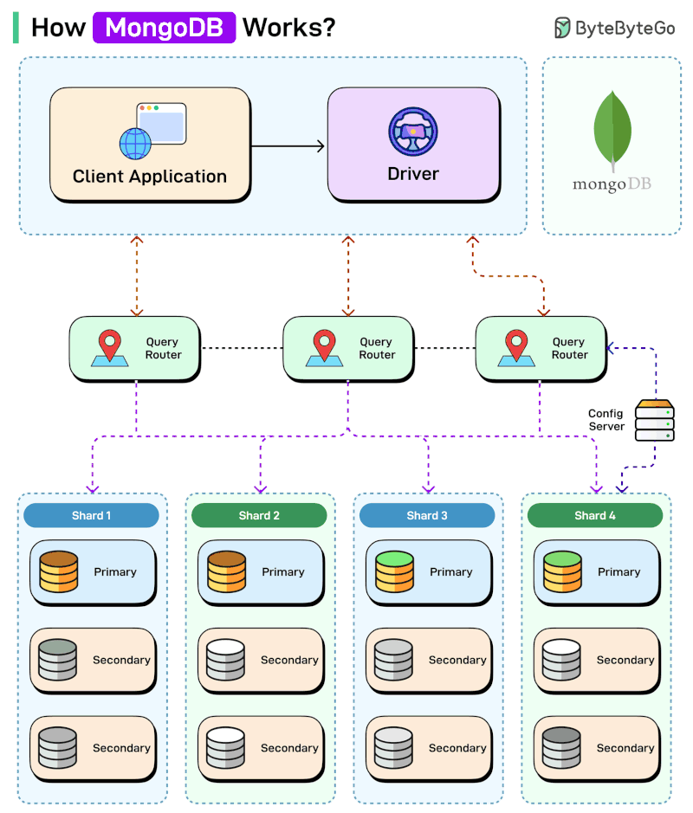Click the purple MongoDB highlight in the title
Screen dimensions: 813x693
pyautogui.click(x=164, y=28)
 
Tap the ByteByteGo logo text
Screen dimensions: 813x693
pyautogui.click(x=625, y=28)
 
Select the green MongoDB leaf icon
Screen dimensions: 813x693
pyautogui.click(x=612, y=128)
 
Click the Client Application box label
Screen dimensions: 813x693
pyautogui.click(x=150, y=177)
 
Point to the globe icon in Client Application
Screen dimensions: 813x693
pyautogui.click(x=135, y=144)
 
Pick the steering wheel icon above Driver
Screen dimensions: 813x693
pyautogui.click(x=413, y=132)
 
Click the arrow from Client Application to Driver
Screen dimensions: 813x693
pyautogui.click(x=288, y=146)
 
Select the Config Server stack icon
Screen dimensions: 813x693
pyautogui.click(x=654, y=420)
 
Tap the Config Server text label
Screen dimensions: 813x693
pyautogui.click(x=606, y=420)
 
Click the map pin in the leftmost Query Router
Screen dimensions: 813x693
pyautogui.click(x=110, y=346)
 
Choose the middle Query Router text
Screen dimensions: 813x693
pyautogui.click(x=377, y=348)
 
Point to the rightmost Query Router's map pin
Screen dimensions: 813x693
pyautogui.click(x=517, y=346)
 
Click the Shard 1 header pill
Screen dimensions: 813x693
pyautogui.click(x=91, y=516)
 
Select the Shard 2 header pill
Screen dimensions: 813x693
pyautogui.click(x=259, y=516)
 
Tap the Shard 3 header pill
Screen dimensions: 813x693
pyautogui.click(x=427, y=516)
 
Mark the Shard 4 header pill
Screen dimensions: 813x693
pyautogui.click(x=595, y=516)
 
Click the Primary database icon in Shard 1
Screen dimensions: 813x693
pyautogui.click(x=59, y=571)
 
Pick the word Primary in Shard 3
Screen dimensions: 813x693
pyautogui.click(x=450, y=572)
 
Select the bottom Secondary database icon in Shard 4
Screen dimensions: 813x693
pyautogui.click(x=561, y=747)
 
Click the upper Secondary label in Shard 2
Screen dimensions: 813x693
pyautogui.click(x=289, y=660)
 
